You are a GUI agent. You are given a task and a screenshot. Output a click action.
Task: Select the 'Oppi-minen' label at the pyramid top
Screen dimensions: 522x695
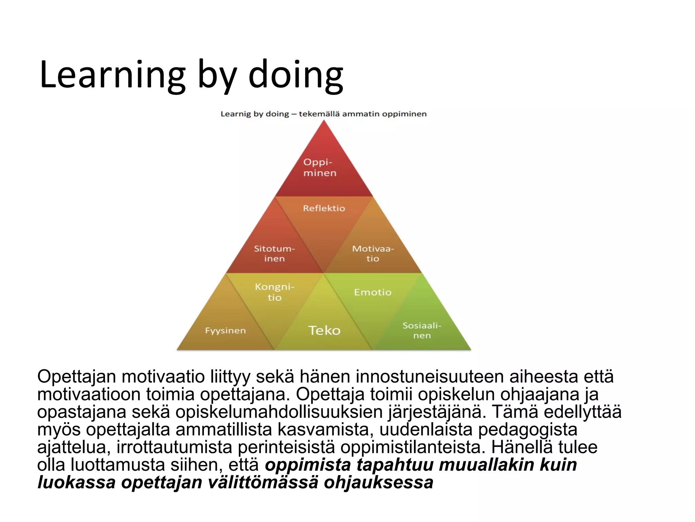[320, 168]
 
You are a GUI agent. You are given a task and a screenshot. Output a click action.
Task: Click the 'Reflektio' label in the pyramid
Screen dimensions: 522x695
[324, 208]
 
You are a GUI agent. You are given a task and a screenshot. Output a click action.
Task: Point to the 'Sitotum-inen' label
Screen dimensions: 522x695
[274, 254]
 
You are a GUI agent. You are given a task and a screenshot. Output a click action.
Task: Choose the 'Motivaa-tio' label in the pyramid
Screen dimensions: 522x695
[373, 254]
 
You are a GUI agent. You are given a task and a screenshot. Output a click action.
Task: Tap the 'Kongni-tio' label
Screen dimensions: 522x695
[274, 292]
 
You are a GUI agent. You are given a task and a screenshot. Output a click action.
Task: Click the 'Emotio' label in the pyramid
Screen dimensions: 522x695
[373, 292]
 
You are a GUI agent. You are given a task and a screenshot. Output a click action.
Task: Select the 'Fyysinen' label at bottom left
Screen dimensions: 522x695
[225, 331]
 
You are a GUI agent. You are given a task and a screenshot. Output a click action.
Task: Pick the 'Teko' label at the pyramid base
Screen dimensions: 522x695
[324, 330]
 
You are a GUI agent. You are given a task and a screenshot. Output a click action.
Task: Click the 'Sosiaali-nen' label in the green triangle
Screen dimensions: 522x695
[422, 330]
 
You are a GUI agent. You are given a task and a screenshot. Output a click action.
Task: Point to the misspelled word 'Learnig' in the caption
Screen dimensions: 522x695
[236, 114]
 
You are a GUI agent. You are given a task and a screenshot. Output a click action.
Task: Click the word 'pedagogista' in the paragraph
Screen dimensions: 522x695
[528, 430]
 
